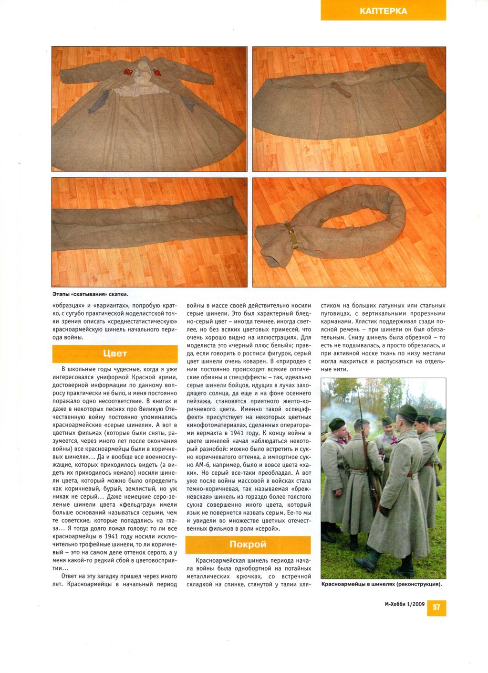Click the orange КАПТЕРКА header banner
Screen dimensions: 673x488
tap(383, 11)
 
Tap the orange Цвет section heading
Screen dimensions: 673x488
tap(114, 353)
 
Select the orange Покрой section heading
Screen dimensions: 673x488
tap(248, 545)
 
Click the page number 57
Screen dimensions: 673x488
tap(436, 608)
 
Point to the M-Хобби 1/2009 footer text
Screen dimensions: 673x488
tap(405, 604)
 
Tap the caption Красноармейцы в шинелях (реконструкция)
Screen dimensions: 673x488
tap(382, 584)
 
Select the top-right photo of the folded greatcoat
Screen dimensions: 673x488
tap(349, 108)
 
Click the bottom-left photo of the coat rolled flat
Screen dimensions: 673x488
tap(149, 232)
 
